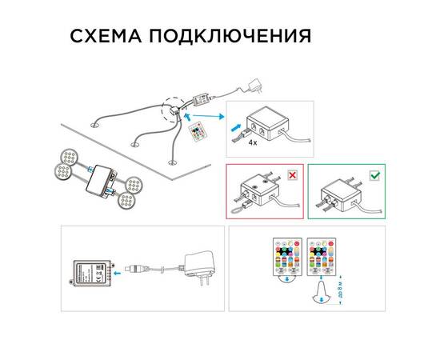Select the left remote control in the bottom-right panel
[x=286, y=260]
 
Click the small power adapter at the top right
[x=256, y=83]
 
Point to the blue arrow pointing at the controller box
[x=120, y=272]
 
